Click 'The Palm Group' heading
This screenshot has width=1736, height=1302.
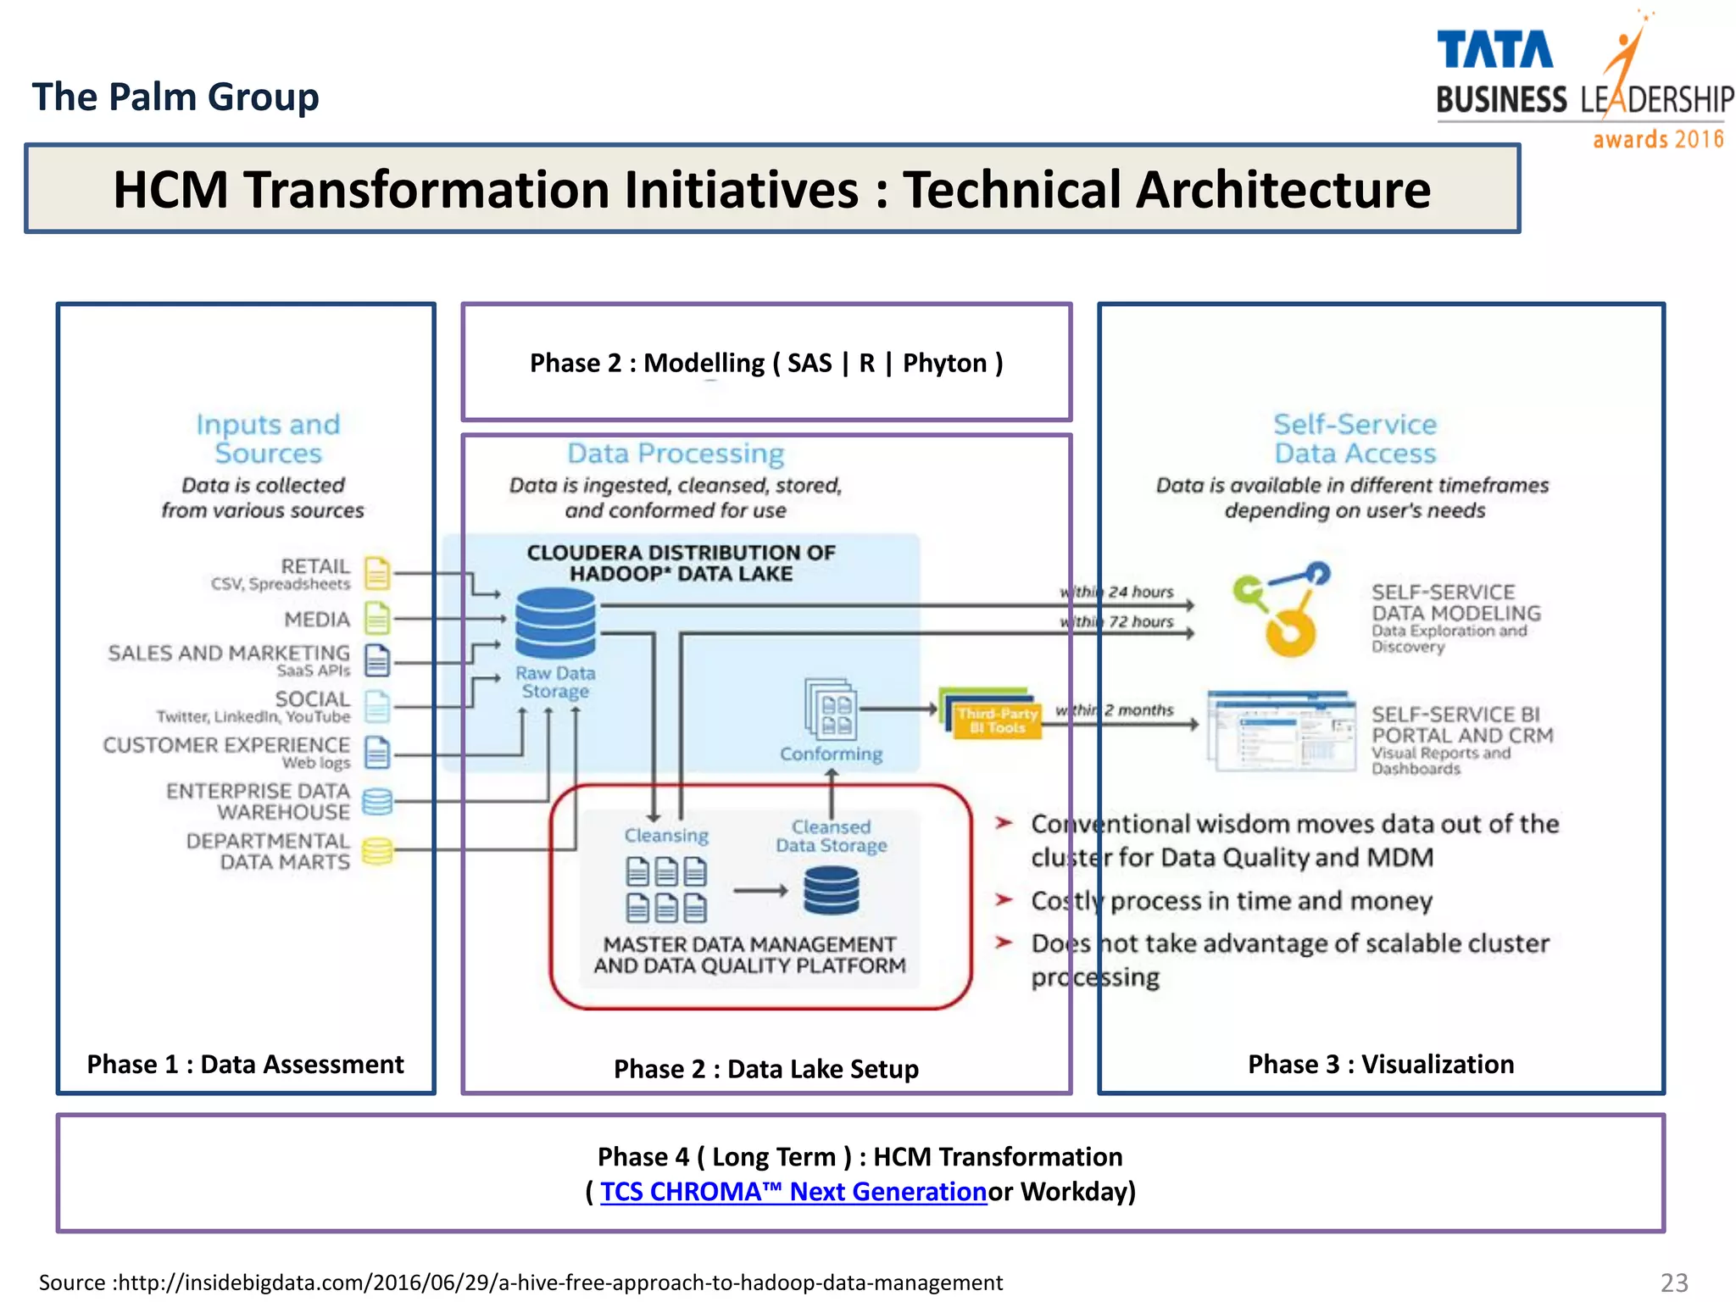175,97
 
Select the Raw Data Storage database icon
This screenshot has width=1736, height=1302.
555,623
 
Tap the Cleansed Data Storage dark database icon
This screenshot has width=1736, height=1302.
831,890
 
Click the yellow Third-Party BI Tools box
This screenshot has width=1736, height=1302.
998,721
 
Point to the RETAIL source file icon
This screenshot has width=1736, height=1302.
377,574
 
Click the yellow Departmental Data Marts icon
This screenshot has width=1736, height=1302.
377,850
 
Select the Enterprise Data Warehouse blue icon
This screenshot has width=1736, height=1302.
377,801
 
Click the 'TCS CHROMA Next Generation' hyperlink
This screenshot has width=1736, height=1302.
793,1191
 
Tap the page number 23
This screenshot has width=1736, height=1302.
1674,1283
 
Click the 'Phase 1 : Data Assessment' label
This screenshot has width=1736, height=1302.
245,1064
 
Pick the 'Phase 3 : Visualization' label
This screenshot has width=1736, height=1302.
1381,1064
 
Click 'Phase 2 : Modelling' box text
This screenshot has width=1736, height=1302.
766,363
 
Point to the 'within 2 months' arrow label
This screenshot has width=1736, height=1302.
1115,710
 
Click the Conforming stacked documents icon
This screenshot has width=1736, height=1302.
830,709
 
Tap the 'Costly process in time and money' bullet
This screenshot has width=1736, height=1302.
1231,900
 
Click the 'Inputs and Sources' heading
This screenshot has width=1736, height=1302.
268,438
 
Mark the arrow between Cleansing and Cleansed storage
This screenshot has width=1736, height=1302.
760,891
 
